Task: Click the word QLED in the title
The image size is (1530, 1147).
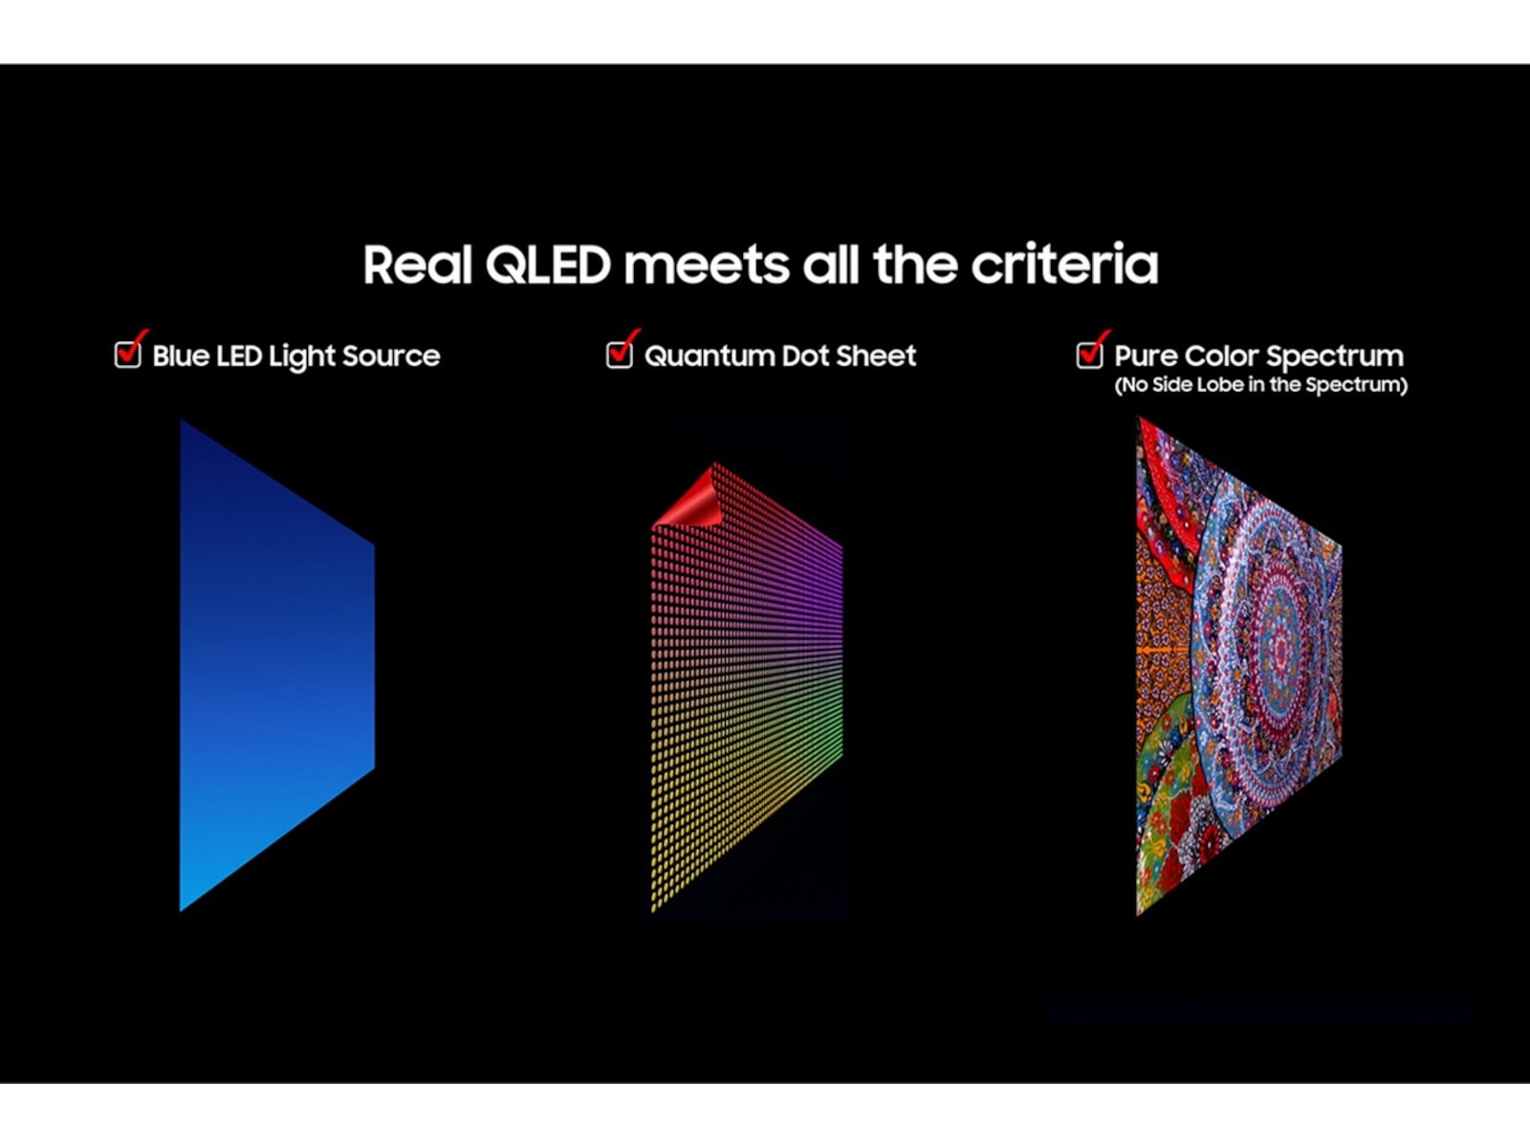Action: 548,266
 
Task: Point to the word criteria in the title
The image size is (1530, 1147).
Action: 1064,264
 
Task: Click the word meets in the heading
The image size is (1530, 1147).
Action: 706,266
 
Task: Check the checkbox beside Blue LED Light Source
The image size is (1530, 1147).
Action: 128,355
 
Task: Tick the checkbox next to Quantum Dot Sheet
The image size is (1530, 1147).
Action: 620,355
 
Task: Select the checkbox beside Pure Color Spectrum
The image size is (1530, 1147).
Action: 1089,355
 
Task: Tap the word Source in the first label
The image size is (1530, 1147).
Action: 391,356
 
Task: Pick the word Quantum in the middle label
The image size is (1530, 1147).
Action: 709,356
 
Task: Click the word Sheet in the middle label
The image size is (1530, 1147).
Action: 876,356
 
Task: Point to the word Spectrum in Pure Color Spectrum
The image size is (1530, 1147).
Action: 1335,357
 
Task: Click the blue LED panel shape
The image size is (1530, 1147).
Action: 277,665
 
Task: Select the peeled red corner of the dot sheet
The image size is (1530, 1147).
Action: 687,497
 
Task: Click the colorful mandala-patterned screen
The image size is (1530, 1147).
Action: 1239,665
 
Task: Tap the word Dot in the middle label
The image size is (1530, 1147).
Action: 804,356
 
